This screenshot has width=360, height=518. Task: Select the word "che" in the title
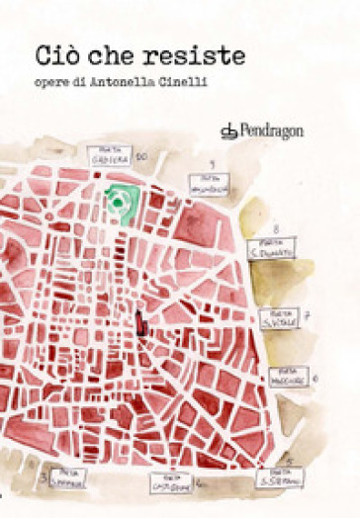click(x=120, y=55)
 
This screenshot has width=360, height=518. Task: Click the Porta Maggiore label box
click(x=287, y=376)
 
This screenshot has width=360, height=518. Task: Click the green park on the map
click(x=121, y=201)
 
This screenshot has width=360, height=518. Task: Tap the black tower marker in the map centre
click(x=143, y=322)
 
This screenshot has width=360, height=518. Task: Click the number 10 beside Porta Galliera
click(x=141, y=156)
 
